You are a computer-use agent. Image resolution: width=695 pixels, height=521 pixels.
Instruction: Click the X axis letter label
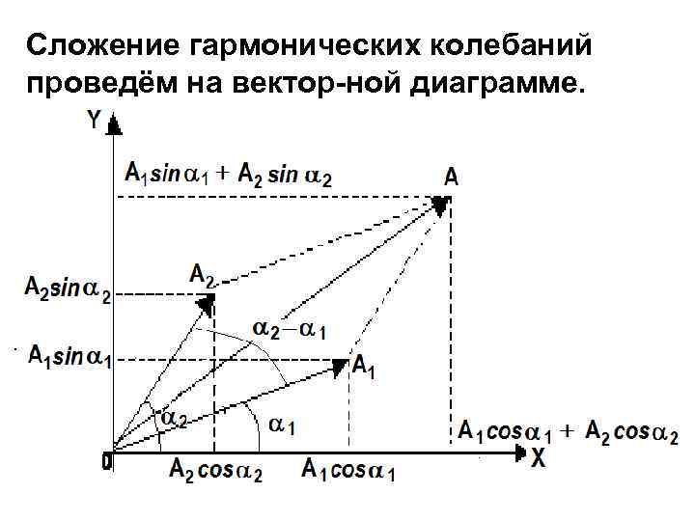(537, 459)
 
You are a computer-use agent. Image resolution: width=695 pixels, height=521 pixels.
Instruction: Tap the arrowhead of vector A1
(340, 366)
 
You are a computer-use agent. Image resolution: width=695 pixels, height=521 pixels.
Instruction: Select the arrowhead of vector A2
(206, 305)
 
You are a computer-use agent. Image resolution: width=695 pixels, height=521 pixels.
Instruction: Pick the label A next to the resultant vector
(452, 178)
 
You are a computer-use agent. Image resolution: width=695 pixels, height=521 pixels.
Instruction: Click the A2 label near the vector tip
(202, 276)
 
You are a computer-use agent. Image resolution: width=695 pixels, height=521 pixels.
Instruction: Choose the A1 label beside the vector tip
(365, 367)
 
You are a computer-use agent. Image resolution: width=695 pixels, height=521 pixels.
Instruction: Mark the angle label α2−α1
(289, 330)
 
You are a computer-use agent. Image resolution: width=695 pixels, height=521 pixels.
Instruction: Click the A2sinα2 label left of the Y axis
(67, 289)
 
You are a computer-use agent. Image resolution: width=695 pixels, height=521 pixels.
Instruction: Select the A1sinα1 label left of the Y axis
(69, 357)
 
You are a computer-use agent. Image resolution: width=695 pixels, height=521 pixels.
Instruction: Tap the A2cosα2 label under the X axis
(216, 471)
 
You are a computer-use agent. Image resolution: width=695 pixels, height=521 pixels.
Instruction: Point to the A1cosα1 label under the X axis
(348, 471)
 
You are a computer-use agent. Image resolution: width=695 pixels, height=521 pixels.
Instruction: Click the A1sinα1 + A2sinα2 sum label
(230, 176)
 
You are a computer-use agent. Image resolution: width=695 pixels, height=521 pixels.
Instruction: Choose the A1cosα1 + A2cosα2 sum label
(568, 431)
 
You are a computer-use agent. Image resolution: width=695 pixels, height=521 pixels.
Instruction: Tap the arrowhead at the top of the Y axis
(115, 123)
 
